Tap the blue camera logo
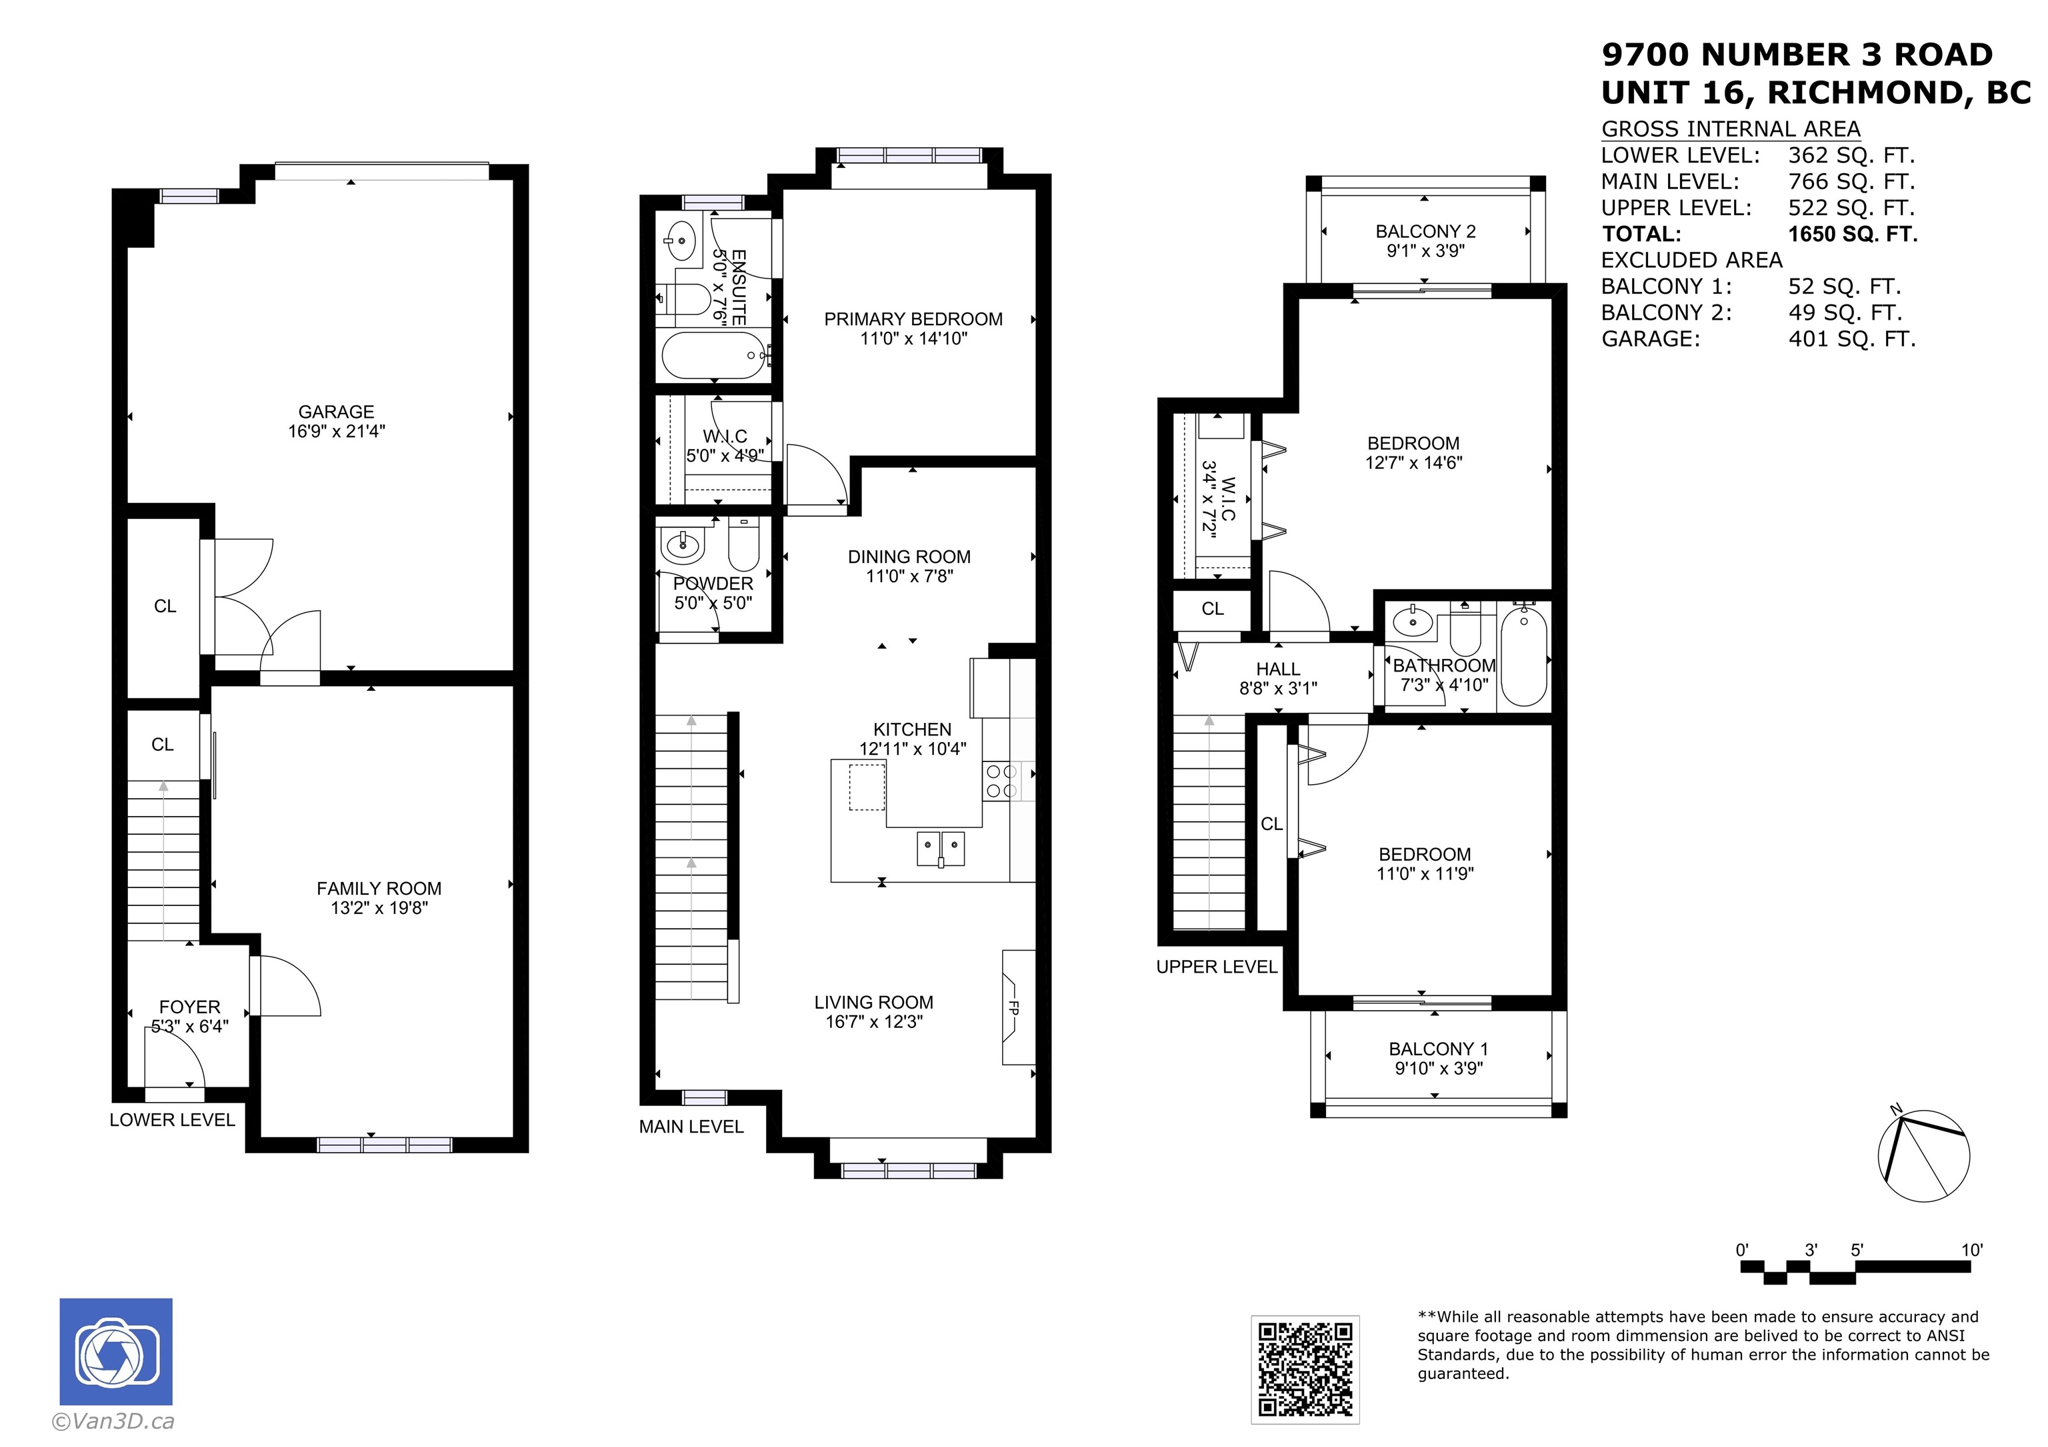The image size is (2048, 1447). pyautogui.click(x=116, y=1352)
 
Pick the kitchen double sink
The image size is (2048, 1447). pyautogui.click(x=941, y=848)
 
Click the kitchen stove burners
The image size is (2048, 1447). pyautogui.click(x=1001, y=781)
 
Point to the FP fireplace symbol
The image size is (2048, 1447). pyautogui.click(x=1017, y=1007)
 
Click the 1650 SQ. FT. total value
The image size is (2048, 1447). pyautogui.click(x=1853, y=235)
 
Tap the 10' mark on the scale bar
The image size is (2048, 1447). pyautogui.click(x=1972, y=1250)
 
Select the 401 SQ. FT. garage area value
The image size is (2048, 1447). pyautogui.click(x=1853, y=339)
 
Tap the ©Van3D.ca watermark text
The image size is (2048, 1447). pyautogui.click(x=113, y=1421)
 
